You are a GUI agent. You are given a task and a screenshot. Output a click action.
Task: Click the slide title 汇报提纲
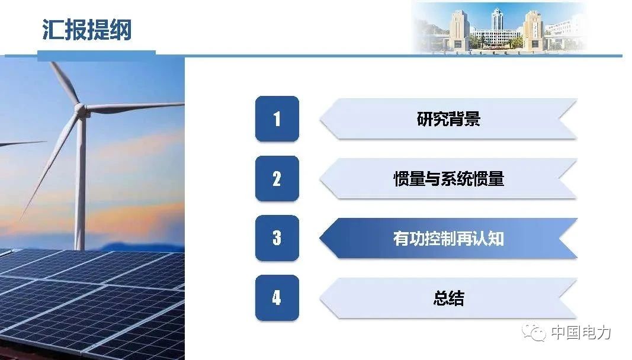point(87,30)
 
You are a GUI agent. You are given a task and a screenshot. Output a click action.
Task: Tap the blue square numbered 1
point(277,119)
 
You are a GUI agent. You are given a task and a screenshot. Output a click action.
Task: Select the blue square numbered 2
point(277,179)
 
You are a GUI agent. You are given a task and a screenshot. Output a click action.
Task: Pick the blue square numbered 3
point(277,238)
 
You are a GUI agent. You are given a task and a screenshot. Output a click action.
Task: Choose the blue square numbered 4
point(277,297)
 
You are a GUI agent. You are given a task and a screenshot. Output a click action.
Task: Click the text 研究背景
point(448,119)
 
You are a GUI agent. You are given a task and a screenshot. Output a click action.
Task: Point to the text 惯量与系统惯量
point(448,179)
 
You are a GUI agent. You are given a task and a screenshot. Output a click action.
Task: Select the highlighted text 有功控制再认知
point(448,238)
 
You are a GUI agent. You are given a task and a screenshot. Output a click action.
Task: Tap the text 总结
point(448,298)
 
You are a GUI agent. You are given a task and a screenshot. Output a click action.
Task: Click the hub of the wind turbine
point(82,110)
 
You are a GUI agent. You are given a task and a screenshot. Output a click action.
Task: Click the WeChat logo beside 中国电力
point(533,332)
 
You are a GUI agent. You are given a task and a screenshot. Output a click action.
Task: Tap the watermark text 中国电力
point(581,333)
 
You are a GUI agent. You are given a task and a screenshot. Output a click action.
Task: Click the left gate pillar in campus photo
point(458,31)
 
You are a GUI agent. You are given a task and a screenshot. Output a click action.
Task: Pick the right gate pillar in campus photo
point(534,31)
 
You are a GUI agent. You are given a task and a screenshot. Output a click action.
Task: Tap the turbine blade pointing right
point(135,107)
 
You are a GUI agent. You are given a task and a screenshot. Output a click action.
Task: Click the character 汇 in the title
point(52,30)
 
